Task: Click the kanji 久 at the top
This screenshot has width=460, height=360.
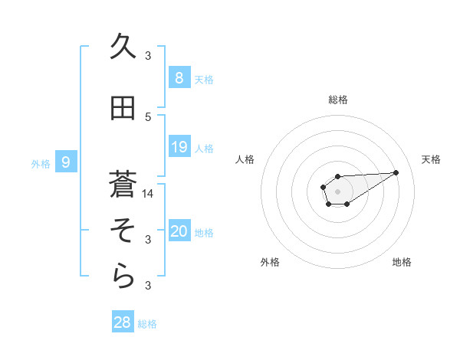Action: tap(123, 45)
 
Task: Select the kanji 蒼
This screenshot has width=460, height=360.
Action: tap(123, 184)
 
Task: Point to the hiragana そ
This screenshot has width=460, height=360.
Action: tap(123, 230)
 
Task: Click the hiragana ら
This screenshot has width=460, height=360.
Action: tap(123, 277)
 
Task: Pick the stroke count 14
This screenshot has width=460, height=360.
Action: tap(149, 193)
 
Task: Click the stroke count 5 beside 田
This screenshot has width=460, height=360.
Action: tap(149, 116)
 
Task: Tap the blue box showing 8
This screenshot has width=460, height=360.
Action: tap(179, 77)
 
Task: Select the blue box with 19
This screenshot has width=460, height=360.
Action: tap(179, 147)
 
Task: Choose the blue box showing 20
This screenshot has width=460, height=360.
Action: tap(179, 231)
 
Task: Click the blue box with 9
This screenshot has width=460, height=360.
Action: tap(66, 162)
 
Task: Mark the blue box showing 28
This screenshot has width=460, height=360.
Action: tap(123, 322)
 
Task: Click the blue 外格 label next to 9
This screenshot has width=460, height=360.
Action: tap(41, 162)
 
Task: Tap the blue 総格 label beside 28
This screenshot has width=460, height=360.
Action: tap(147, 324)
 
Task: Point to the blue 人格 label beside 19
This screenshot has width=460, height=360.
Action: tap(204, 148)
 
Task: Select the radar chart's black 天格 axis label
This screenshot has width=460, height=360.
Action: tap(432, 159)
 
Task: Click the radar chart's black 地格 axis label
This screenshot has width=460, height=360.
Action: tap(402, 262)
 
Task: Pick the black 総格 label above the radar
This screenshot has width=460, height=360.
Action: tap(338, 100)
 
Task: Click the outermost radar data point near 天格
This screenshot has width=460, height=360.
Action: tap(396, 172)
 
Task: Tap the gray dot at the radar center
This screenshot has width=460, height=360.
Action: tap(337, 191)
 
